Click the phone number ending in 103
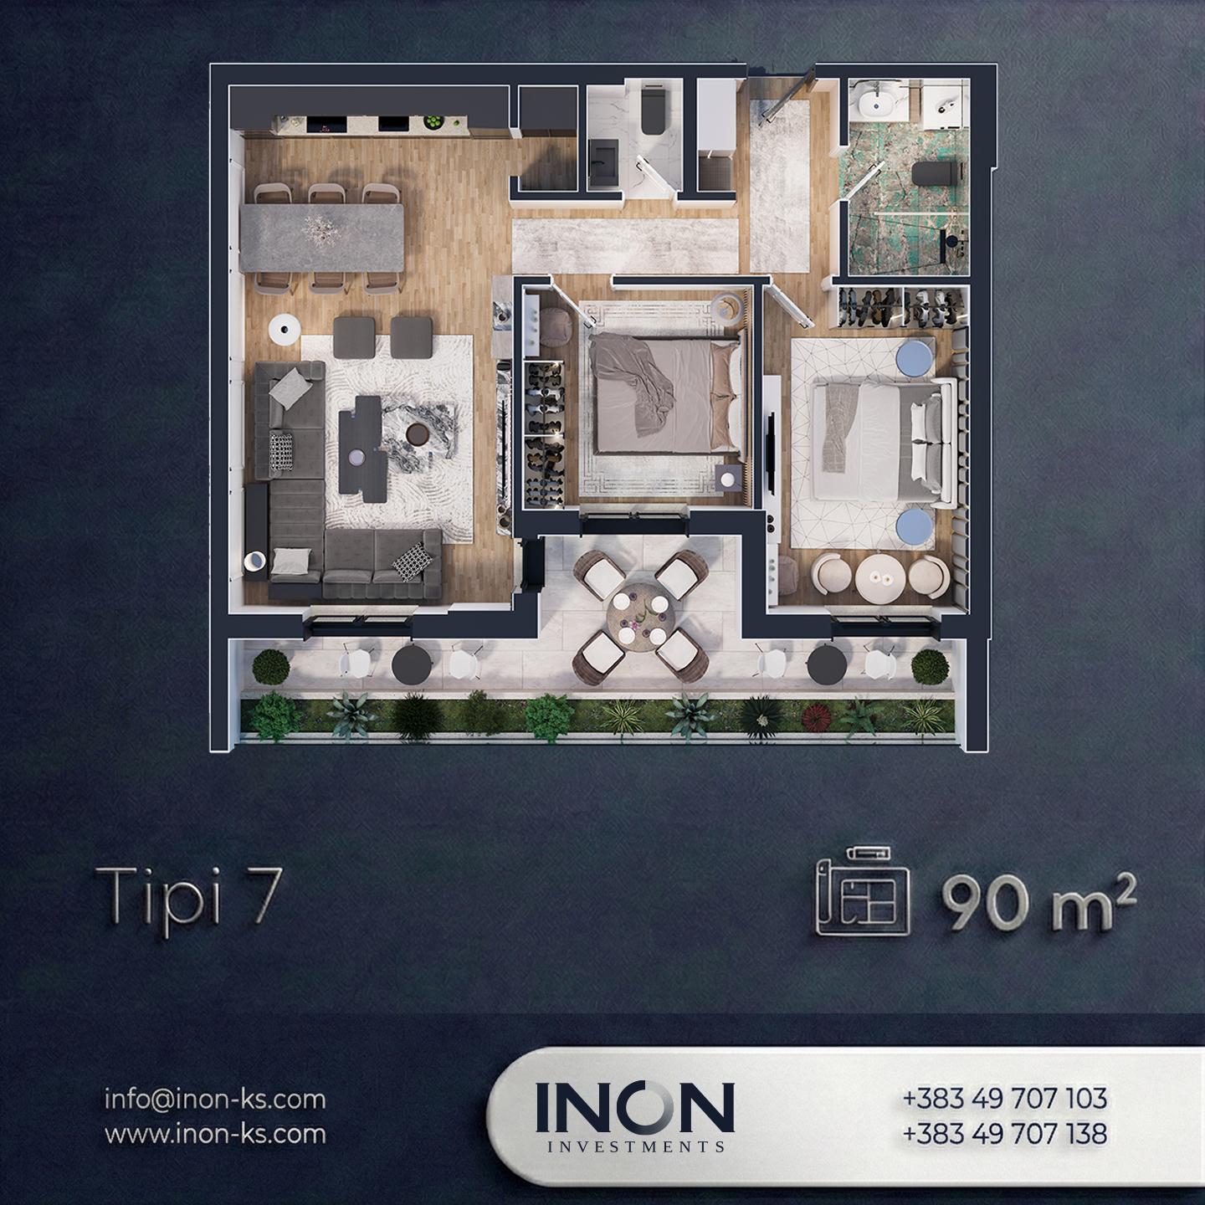click(1004, 1098)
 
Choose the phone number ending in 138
click(1004, 1133)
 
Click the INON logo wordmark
click(634, 1107)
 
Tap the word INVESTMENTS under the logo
click(635, 1147)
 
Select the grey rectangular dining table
click(321, 238)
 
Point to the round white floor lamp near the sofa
click(286, 328)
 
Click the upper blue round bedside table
click(915, 358)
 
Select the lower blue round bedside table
click(914, 526)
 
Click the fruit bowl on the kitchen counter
click(432, 122)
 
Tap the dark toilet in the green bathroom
click(935, 172)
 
